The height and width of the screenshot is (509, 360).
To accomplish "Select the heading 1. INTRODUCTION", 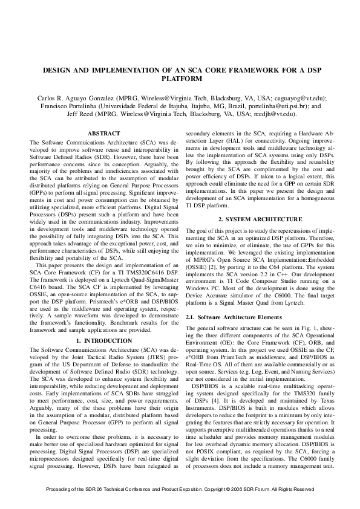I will [104, 341].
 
